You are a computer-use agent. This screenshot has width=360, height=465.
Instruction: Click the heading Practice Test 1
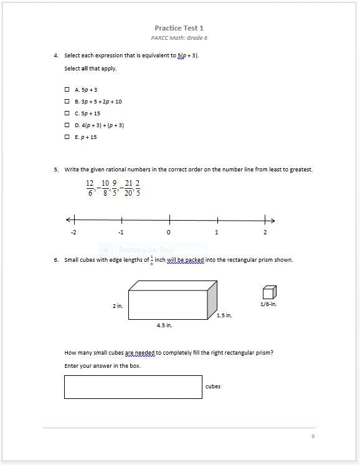click(x=179, y=28)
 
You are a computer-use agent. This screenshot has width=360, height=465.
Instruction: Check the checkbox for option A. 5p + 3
click(x=67, y=89)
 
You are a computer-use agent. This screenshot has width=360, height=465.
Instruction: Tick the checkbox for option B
click(x=67, y=101)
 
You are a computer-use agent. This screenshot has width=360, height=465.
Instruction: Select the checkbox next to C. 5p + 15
click(x=67, y=113)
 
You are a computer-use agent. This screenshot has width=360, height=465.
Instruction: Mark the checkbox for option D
click(x=67, y=125)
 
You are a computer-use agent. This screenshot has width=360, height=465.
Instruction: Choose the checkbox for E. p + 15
click(x=67, y=137)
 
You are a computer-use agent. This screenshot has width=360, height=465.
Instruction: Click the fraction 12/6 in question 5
click(x=90, y=188)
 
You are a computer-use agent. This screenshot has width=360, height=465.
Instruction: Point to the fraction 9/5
click(x=115, y=188)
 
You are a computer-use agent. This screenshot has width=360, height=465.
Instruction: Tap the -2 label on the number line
click(x=73, y=232)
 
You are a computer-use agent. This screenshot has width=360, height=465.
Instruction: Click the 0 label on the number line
click(x=169, y=232)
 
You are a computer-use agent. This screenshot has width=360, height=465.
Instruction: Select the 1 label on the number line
click(x=217, y=232)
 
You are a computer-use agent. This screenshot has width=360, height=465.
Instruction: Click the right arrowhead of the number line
click(x=272, y=220)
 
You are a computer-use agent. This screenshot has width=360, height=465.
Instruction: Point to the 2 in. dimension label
click(x=117, y=306)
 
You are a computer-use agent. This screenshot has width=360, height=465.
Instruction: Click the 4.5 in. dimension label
click(x=164, y=325)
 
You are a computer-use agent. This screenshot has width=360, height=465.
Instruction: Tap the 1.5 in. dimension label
click(x=224, y=315)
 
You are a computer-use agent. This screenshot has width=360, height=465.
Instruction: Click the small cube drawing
click(x=269, y=292)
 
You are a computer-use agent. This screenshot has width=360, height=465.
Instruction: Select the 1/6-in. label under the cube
click(x=268, y=304)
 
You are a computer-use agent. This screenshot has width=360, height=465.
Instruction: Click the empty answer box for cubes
click(x=133, y=386)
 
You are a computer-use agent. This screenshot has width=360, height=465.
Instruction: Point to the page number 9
click(x=313, y=436)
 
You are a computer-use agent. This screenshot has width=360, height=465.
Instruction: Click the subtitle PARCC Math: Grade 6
click(x=179, y=38)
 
